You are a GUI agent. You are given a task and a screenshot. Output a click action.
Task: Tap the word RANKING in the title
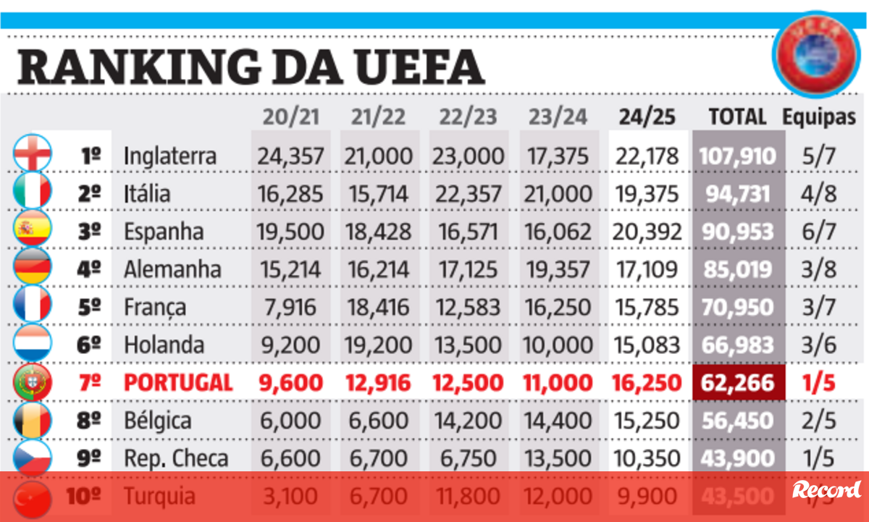136,67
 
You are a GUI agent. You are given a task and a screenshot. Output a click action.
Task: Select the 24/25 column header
647,117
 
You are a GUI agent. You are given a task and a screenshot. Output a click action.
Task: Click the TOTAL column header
737,117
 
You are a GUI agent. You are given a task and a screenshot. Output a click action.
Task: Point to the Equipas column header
818,117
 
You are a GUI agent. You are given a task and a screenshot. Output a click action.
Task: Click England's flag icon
33,155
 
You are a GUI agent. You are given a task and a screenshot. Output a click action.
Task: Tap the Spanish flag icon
33,230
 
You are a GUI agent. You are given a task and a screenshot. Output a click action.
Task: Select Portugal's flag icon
33,382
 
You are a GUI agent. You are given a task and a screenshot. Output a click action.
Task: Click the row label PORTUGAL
178,382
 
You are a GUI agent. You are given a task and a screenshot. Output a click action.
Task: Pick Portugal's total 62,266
738,382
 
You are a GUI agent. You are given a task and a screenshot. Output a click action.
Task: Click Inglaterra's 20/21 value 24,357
290,156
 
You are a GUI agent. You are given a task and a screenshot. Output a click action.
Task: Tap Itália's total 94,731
738,193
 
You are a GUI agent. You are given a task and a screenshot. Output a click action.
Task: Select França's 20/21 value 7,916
290,307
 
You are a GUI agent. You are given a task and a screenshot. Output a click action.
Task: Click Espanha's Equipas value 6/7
819,232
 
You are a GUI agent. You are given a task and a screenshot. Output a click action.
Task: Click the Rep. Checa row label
176,458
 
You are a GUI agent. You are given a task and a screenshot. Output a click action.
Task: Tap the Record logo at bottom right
826,489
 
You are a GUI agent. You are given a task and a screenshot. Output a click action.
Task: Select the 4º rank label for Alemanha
89,269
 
